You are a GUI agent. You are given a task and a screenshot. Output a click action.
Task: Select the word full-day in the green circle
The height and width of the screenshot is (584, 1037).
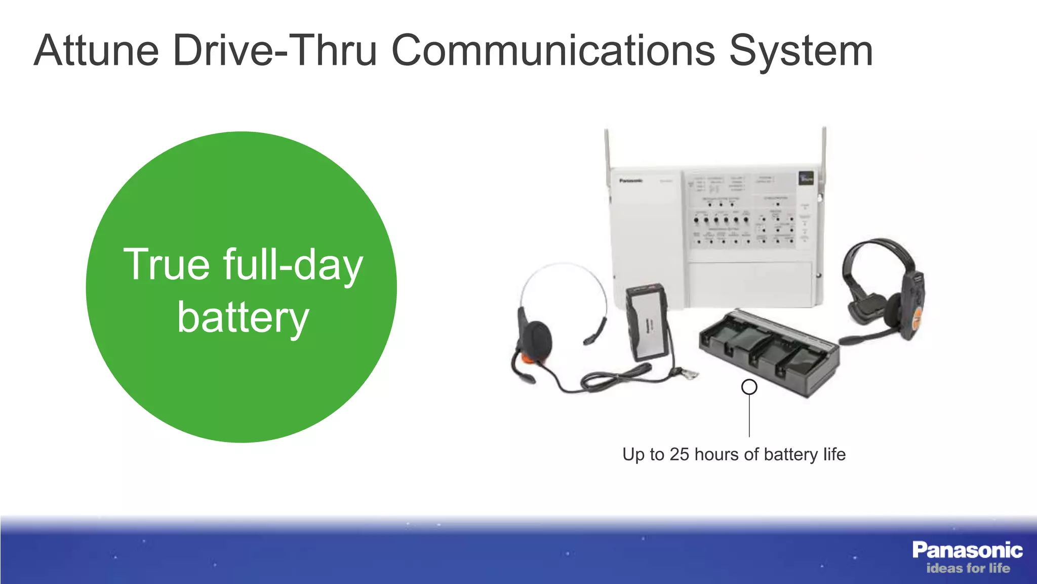coord(293,265)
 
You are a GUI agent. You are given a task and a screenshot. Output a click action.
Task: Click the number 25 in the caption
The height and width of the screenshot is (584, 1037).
coord(679,454)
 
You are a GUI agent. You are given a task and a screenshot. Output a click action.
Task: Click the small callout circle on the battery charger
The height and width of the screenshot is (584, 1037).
coord(749,387)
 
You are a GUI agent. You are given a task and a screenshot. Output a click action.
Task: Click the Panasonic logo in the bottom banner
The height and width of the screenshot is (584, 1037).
coord(967,550)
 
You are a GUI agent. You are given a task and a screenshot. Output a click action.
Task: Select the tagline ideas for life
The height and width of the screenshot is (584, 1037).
coord(968,568)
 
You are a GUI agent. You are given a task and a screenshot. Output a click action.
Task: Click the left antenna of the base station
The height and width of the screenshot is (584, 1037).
coord(607,152)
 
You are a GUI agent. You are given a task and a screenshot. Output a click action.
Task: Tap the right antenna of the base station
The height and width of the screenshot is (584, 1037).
coord(824,152)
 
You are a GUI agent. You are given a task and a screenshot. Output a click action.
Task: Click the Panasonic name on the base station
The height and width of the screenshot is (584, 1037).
coord(630,180)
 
